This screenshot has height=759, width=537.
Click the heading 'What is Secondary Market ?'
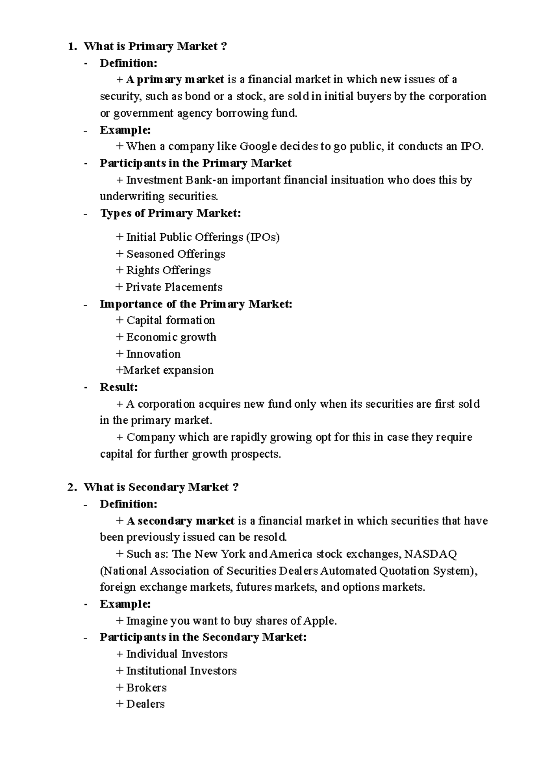point(161,487)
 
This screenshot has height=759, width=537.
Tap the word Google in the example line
point(258,146)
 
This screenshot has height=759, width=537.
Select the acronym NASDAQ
point(430,554)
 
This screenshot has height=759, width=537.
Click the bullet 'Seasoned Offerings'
point(175,254)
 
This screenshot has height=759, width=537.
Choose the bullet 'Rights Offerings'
point(168,270)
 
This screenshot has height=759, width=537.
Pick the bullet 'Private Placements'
point(174,287)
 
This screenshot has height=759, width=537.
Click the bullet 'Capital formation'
point(170,320)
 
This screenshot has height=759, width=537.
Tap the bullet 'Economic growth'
point(171,337)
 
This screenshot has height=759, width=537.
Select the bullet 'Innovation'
point(153,354)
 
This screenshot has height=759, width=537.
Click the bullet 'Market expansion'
point(168,371)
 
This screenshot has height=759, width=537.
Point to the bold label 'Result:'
point(119,387)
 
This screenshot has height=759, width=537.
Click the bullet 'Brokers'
point(146,687)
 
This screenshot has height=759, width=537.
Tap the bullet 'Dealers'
point(145,704)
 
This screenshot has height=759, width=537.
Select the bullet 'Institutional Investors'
point(181,671)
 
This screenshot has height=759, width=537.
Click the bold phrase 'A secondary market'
point(180,521)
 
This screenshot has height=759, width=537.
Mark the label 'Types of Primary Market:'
point(170,213)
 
